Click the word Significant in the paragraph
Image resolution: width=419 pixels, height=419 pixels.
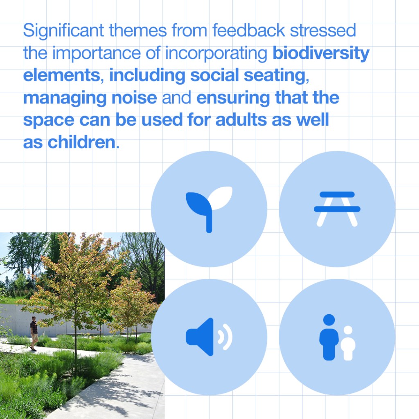click(63, 31)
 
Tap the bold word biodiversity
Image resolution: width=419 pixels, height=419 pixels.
click(321, 54)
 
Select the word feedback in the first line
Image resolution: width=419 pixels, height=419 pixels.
click(249, 30)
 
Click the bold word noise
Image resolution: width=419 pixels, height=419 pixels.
click(134, 98)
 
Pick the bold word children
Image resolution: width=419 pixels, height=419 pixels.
click(82, 142)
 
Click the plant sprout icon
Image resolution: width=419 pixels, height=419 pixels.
click(209, 209)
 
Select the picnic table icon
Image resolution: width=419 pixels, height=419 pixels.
click(337, 209)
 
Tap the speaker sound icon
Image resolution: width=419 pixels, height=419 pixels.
click(209, 337)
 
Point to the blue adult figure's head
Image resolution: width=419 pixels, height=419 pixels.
click(329, 320)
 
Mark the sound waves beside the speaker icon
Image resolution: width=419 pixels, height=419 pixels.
click(225, 337)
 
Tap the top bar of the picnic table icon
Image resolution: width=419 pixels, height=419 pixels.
click(337, 194)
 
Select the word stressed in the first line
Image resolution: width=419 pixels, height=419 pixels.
click(323, 30)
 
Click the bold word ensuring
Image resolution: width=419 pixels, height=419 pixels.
click(233, 98)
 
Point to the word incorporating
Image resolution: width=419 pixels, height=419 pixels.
click(216, 54)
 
